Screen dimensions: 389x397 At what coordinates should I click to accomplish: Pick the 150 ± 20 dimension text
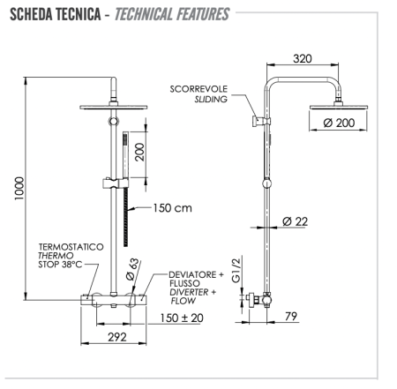pyautogui.click(x=181, y=318)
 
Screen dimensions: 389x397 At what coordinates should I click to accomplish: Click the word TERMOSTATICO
pyautogui.click(x=71, y=248)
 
